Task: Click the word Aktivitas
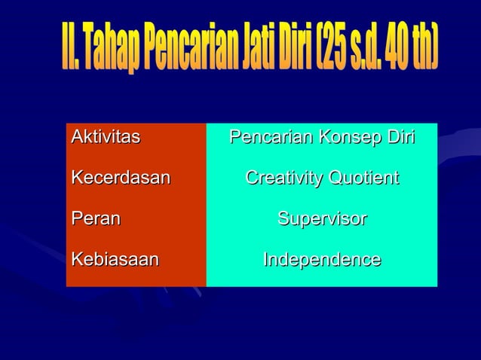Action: click(x=106, y=138)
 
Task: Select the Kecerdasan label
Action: click(x=121, y=178)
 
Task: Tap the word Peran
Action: click(x=96, y=219)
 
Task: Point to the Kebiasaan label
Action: click(x=115, y=260)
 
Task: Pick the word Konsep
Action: click(x=347, y=138)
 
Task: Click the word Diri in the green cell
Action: click(x=400, y=138)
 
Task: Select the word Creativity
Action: click(x=283, y=178)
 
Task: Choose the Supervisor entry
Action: click(x=322, y=219)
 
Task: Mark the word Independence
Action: click(x=322, y=260)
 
